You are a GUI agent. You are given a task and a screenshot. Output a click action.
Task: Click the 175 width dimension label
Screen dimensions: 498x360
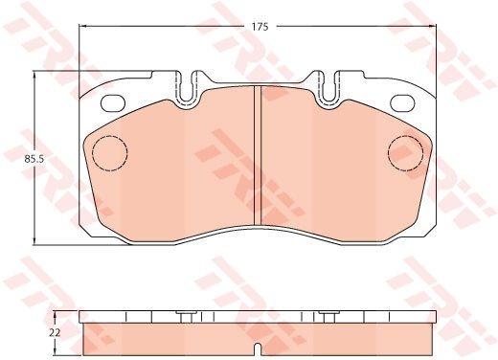point(260,27)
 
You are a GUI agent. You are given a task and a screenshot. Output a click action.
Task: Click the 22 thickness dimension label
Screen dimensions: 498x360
point(55,333)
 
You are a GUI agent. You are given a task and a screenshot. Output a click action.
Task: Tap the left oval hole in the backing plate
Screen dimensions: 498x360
point(112,103)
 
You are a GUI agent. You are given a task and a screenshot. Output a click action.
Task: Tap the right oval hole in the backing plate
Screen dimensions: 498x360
point(402,103)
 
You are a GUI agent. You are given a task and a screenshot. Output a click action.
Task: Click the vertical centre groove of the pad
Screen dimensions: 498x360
point(258,156)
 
